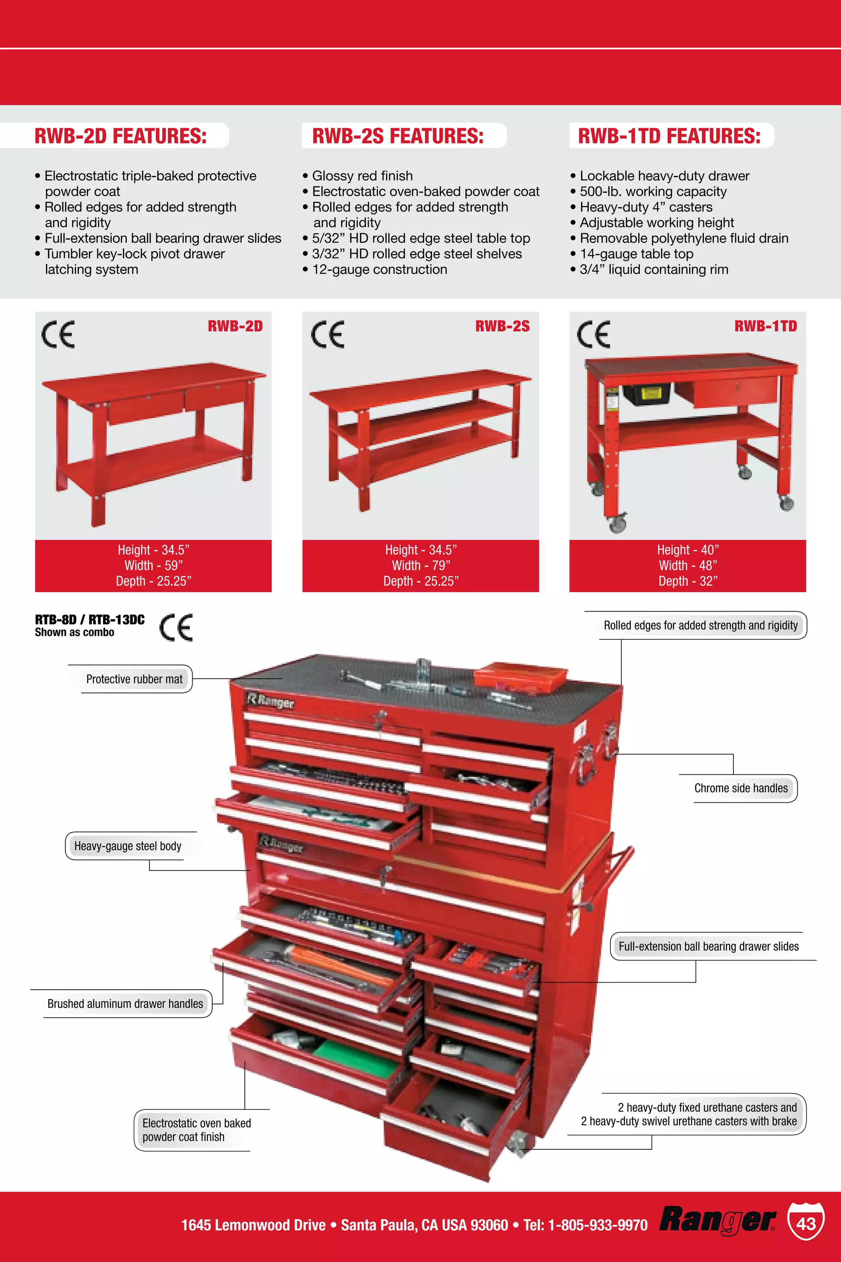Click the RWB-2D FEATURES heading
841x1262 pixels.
(x=120, y=136)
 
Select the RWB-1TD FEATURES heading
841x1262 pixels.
(x=669, y=136)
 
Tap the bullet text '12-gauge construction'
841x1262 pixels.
(x=379, y=269)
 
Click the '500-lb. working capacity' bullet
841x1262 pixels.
(x=653, y=191)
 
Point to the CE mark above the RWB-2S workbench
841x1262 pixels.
(x=327, y=334)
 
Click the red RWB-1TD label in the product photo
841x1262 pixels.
(x=765, y=326)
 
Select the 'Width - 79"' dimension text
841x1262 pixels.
(x=420, y=566)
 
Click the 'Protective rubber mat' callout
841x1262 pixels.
(x=134, y=679)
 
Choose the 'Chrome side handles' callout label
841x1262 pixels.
(x=741, y=788)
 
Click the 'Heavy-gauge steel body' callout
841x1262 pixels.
(x=128, y=846)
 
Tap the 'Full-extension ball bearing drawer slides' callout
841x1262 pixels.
(x=708, y=946)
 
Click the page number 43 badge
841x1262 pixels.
(x=806, y=1223)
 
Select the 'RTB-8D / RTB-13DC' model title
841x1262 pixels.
(x=90, y=620)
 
